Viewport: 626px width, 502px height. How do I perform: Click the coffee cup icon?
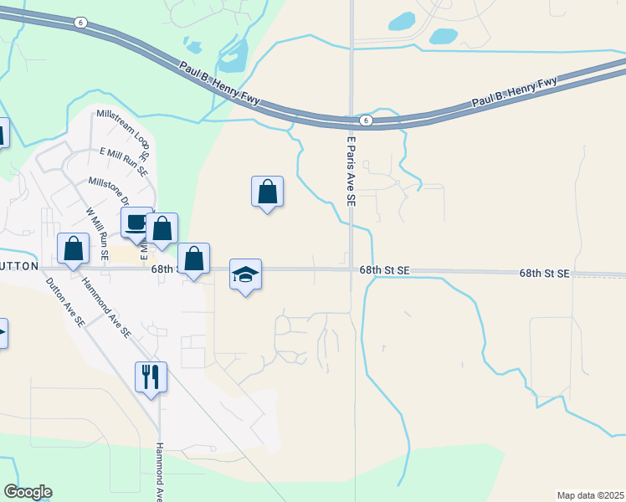136,223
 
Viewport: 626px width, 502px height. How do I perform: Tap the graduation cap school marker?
245,274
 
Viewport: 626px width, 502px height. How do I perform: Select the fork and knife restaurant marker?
151,376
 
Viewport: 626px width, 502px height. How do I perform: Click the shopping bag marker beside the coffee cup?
162,228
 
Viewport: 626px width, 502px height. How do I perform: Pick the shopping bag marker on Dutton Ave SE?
74,248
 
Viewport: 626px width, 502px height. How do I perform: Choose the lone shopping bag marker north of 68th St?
267,192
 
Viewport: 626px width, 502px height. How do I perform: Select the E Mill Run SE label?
123,162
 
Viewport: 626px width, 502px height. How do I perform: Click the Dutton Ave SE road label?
66,301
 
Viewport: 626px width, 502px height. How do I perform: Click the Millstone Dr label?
109,191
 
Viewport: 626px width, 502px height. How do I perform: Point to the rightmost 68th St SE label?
544,274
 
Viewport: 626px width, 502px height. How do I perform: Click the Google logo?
28,492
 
